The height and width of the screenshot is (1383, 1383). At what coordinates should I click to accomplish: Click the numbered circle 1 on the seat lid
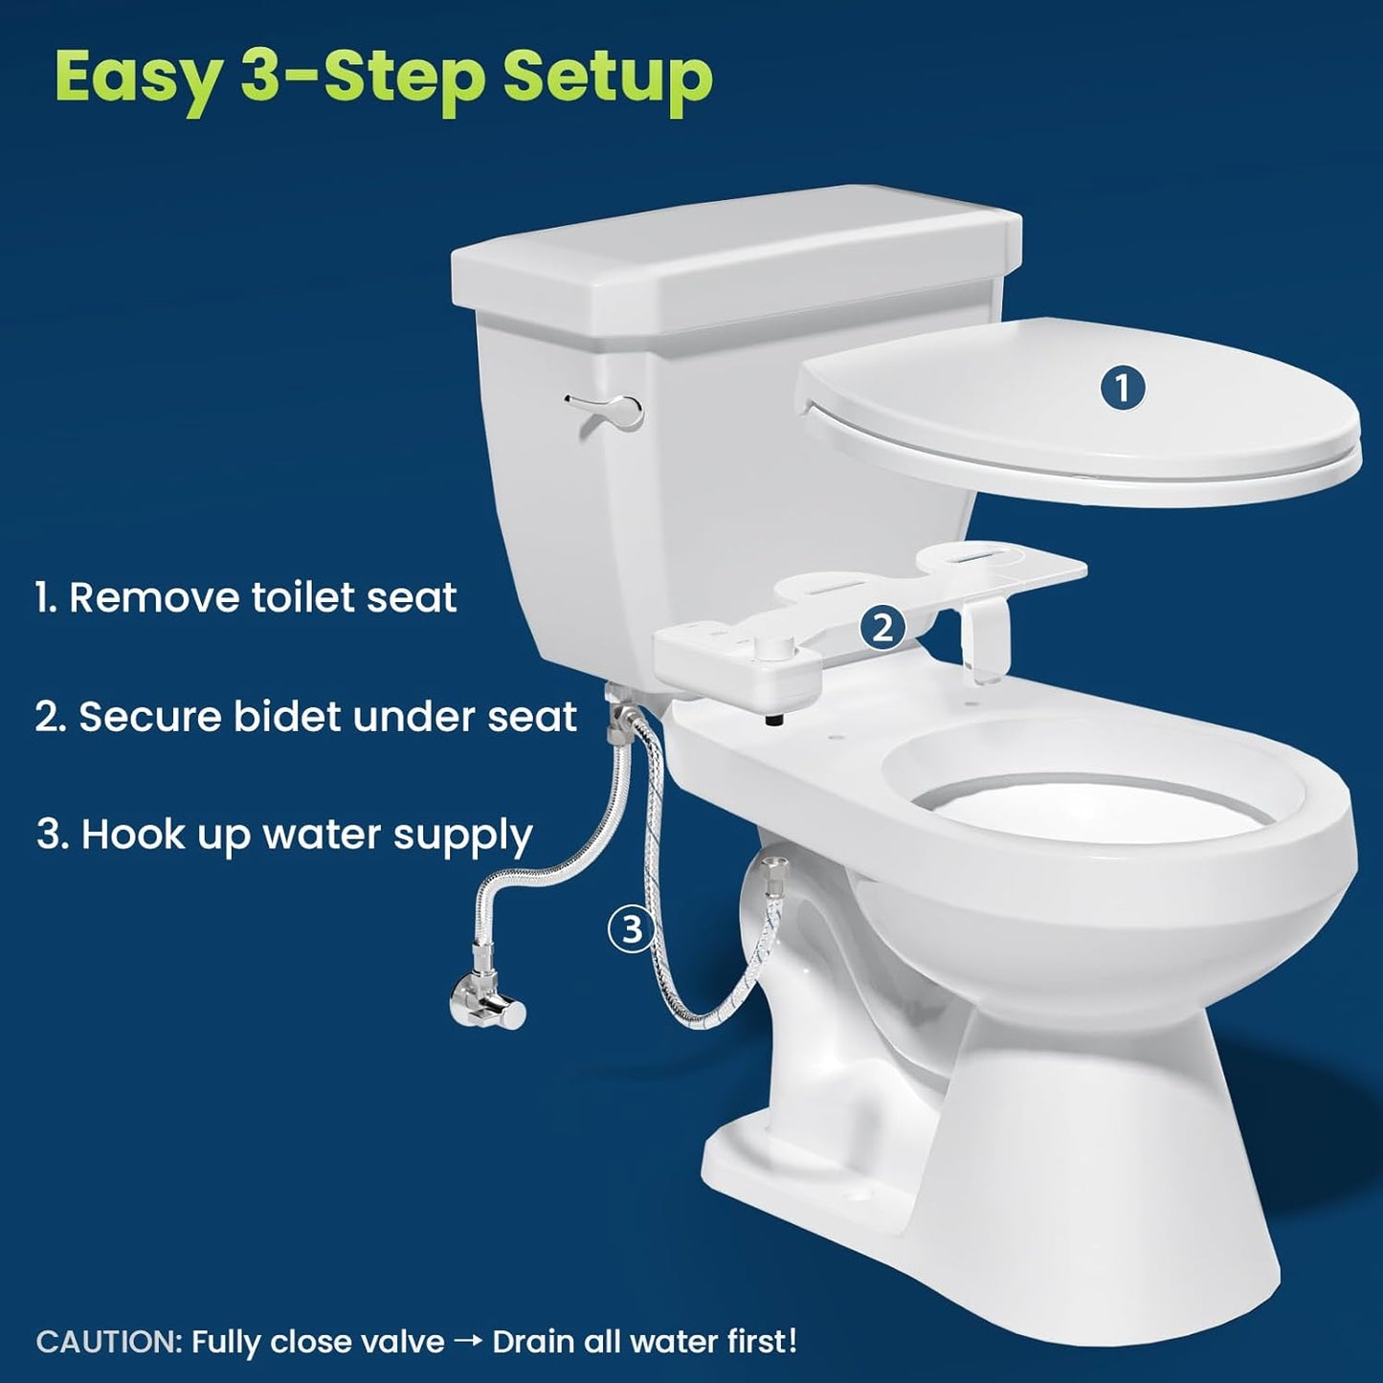pos(1123,389)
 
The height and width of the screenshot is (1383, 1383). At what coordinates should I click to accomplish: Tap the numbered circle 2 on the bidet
pos(881,628)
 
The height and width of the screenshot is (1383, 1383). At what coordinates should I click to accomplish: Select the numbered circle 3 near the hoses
pos(632,928)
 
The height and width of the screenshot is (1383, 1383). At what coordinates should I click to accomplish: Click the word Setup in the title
pos(608,77)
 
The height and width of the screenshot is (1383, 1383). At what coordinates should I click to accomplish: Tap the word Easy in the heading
pos(137,77)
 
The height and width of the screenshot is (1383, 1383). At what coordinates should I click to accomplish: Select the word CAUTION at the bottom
pos(107,1341)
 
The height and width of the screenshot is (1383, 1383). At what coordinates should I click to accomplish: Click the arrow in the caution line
pos(468,1341)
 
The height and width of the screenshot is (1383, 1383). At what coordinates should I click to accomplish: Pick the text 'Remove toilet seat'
pos(262,597)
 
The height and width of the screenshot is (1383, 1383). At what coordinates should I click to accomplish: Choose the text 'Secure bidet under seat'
pos(326,716)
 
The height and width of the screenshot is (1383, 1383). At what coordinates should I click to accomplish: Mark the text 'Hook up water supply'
pos(306,835)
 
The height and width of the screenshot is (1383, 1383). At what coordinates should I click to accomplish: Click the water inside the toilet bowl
pos(1091,804)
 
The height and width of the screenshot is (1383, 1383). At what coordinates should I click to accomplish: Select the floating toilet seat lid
pos(1082,421)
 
